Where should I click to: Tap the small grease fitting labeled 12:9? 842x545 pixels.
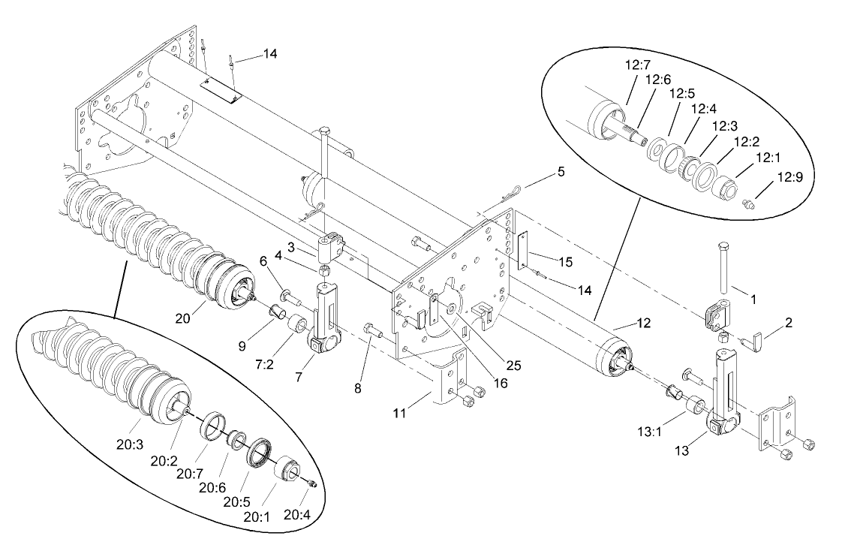[x=748, y=202]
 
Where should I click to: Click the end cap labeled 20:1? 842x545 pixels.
[x=288, y=470]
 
